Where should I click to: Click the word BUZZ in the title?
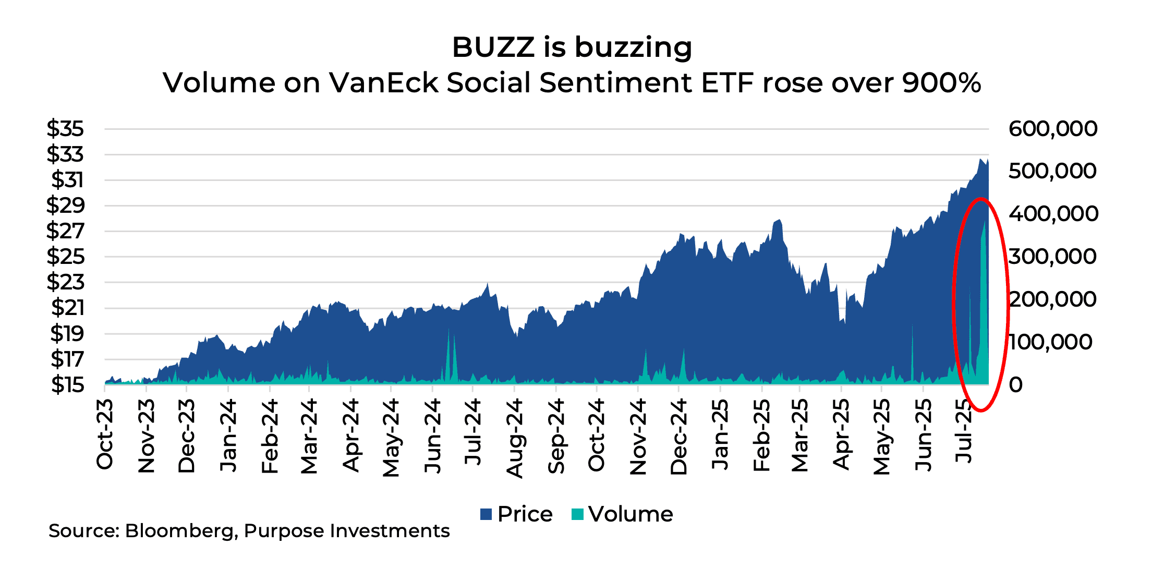coord(493,47)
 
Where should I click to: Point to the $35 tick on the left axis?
coord(65,128)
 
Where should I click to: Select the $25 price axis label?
coord(65,256)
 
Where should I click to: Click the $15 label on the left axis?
coord(67,384)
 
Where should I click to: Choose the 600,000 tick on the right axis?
coord(1052,128)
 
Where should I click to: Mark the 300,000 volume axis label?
coord(1052,256)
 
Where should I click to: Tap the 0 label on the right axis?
coord(1015,384)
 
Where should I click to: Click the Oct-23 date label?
coord(105,434)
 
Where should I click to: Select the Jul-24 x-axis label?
coord(473,432)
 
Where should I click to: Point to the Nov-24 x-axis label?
coord(638,437)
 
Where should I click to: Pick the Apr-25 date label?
coord(841,434)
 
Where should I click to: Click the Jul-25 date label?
coord(964,431)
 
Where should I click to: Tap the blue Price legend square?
coord(486,514)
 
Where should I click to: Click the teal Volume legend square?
coord(577,514)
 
